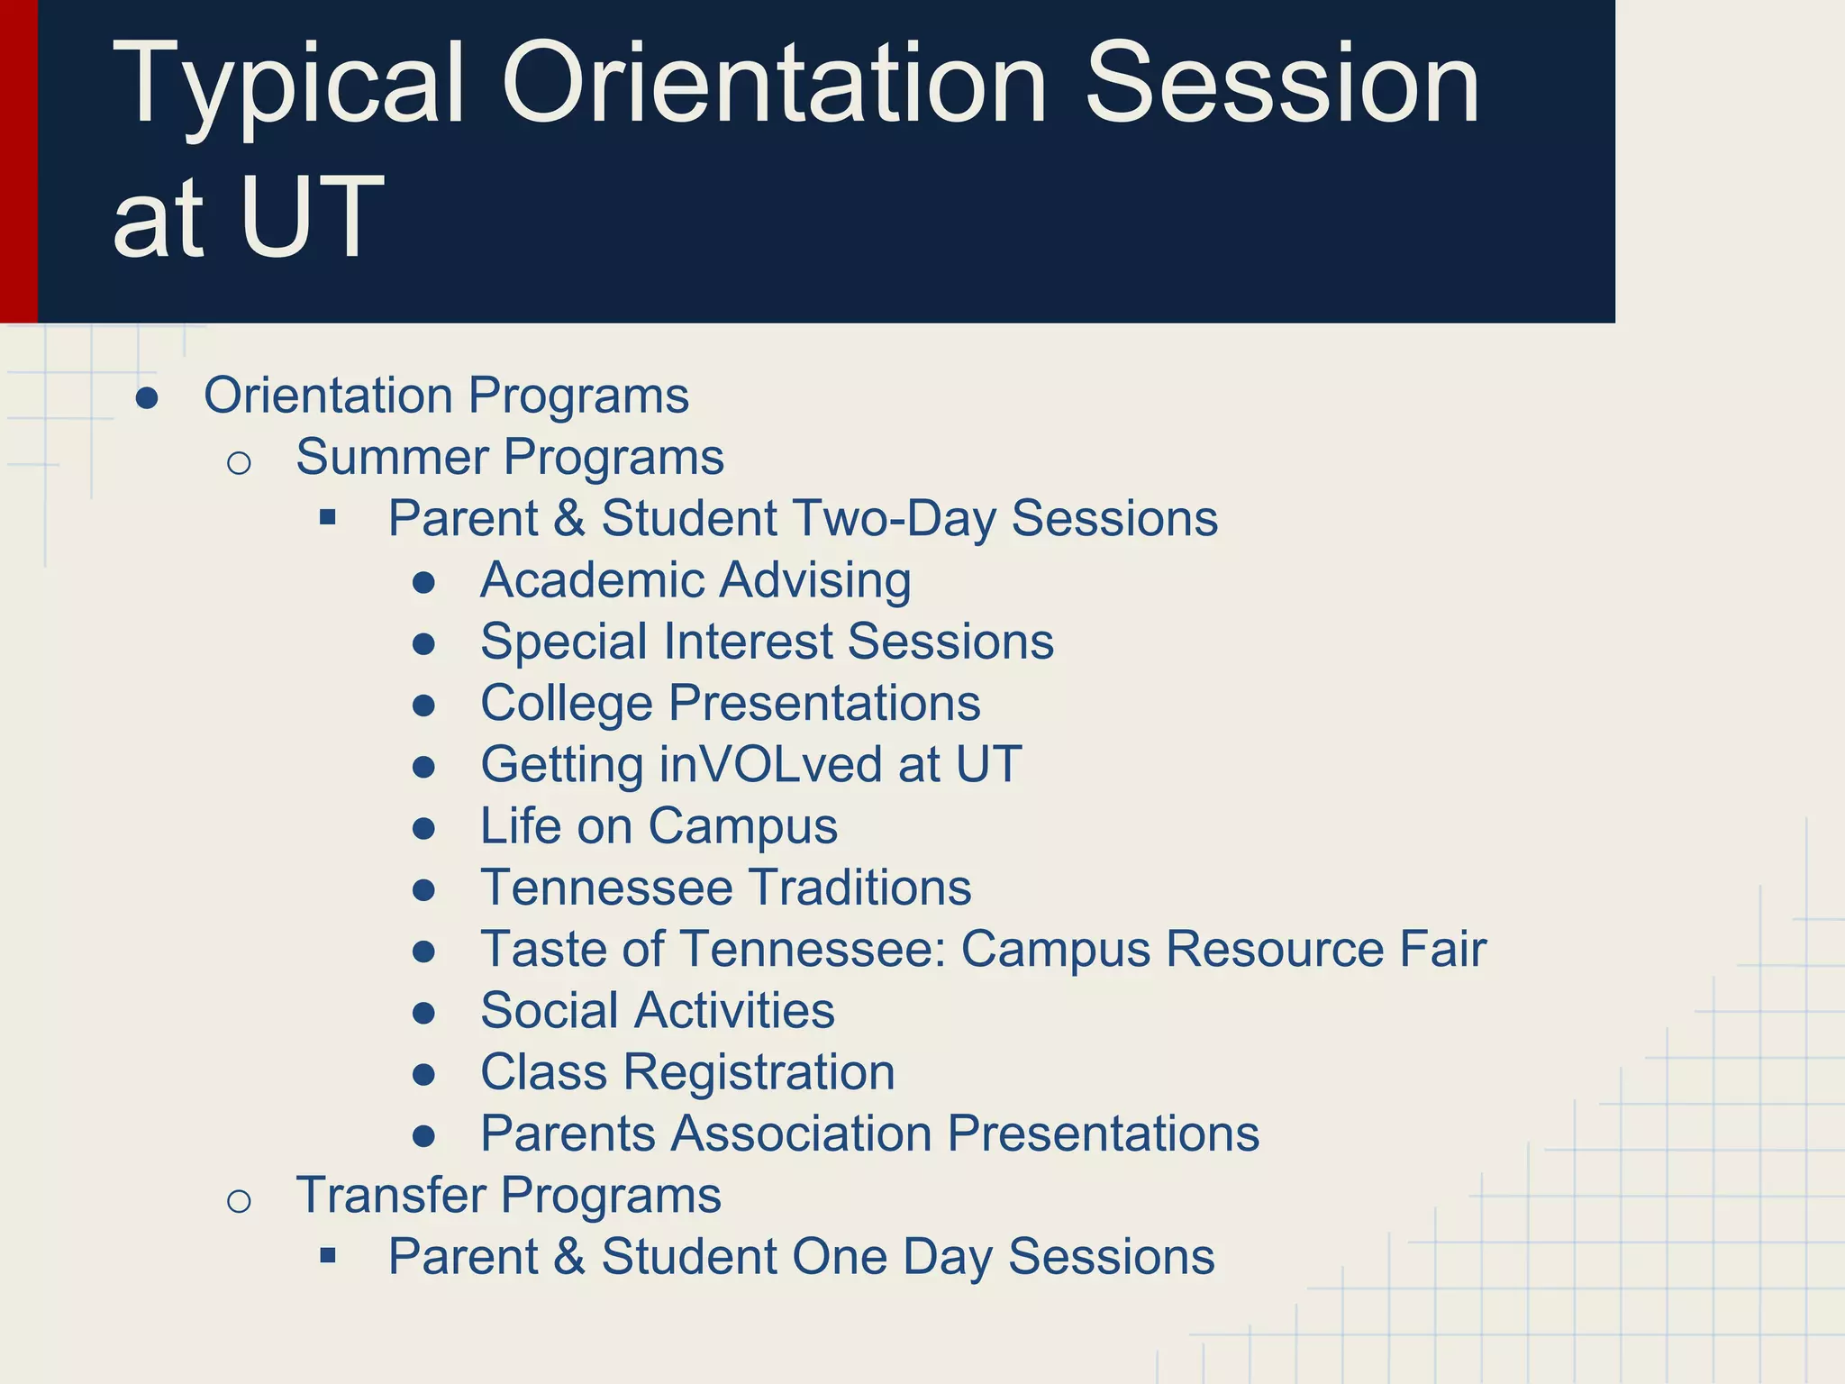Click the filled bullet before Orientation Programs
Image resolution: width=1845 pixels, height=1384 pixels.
click(147, 398)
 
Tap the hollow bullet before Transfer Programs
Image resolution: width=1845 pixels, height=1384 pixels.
click(239, 1201)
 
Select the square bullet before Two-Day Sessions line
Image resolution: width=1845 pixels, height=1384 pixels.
click(328, 518)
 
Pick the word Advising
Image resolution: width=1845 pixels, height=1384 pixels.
click(789, 581)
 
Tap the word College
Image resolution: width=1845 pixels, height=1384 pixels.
click(566, 704)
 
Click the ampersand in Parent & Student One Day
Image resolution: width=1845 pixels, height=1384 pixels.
click(569, 1257)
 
